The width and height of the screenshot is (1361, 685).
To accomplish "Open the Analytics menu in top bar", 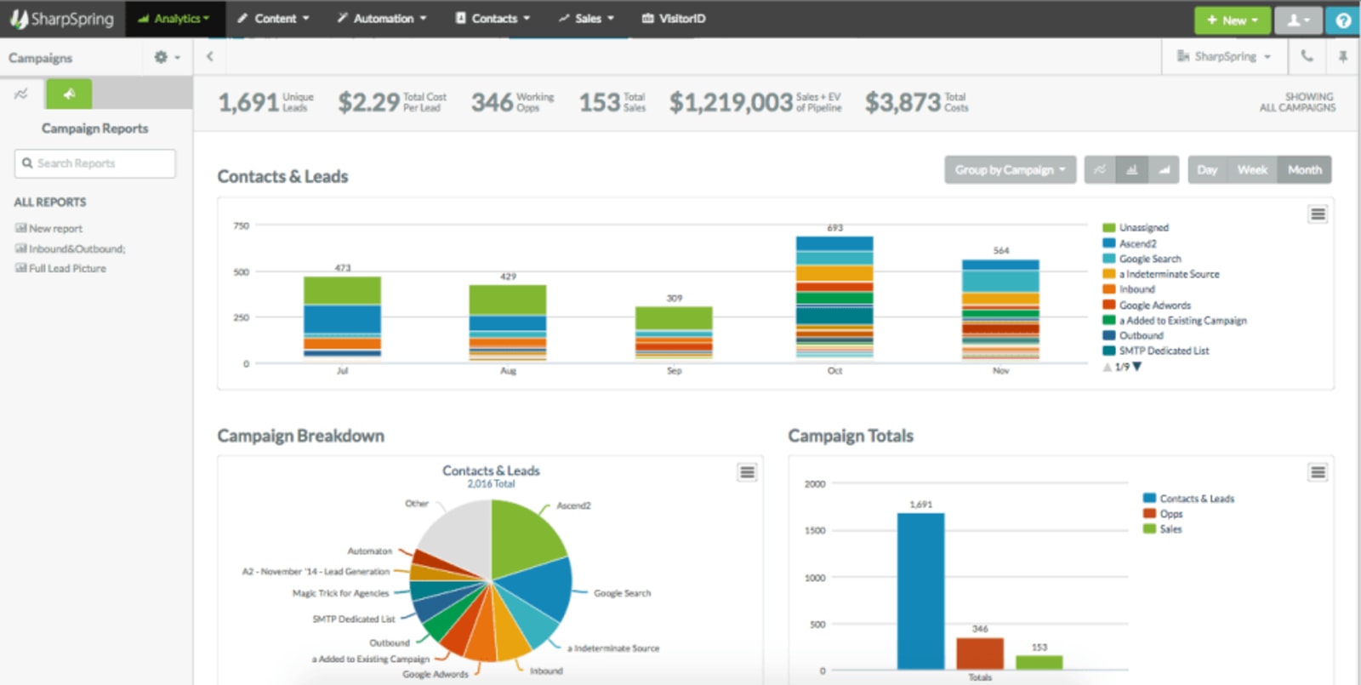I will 174,18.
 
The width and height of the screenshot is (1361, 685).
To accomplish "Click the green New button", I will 1232,20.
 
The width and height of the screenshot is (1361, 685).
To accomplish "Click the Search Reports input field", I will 95,163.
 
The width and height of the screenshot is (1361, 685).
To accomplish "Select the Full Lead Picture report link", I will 66,268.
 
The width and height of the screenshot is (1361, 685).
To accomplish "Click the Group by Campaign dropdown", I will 1010,169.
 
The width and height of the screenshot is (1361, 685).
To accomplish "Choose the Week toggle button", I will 1251,169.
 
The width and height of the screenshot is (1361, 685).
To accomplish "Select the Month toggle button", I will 1304,169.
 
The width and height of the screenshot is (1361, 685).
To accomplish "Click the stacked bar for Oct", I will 834,298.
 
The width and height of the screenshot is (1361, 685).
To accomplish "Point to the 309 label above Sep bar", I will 674,298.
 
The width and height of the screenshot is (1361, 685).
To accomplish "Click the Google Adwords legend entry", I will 1154,305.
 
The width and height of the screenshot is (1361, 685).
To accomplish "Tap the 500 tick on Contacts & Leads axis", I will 242,272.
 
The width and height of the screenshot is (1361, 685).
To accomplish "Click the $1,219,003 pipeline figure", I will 731,103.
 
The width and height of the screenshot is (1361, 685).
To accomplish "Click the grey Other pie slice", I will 455,536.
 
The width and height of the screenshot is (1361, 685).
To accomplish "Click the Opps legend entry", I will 1170,514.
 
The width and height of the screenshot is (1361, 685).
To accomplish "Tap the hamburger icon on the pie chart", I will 747,472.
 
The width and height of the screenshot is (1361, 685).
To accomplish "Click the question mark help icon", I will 1343,20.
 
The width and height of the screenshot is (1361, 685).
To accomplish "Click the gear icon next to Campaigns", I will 161,57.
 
